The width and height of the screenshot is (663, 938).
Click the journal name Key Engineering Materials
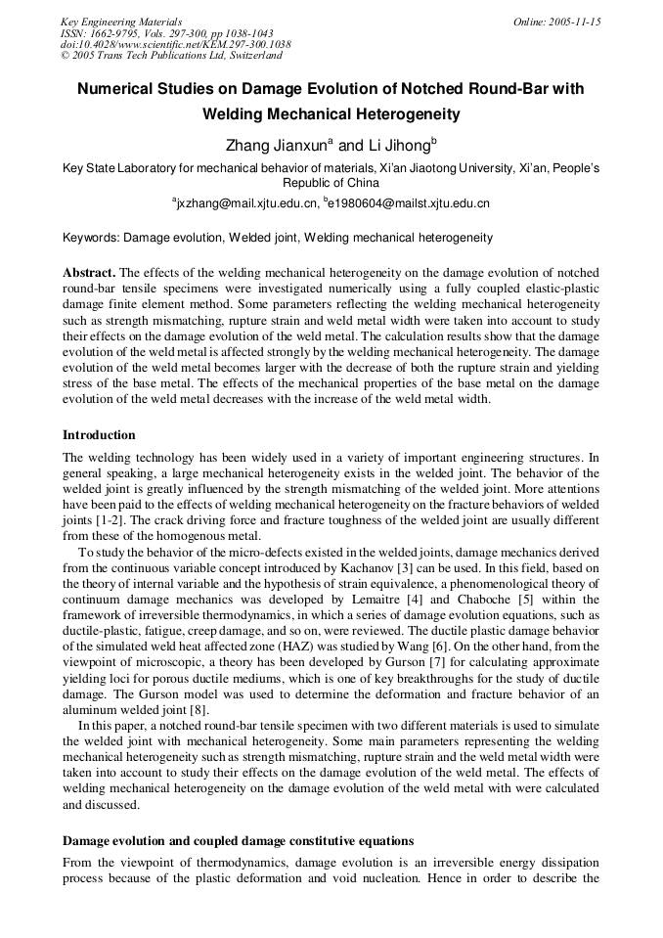pyautogui.click(x=121, y=22)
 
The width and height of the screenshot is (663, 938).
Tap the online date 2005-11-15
pyautogui.click(x=572, y=22)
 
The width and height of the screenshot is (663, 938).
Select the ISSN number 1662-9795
pyautogui.click(x=116, y=33)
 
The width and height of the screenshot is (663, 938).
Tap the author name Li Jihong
pyautogui.click(x=398, y=146)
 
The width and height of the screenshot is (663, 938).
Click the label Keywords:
pyautogui.click(x=90, y=238)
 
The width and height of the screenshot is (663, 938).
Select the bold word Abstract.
pyautogui.click(x=88, y=271)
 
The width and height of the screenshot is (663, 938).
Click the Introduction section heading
pyautogui.click(x=99, y=434)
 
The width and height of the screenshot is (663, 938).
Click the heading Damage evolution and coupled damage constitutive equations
pyautogui.click(x=238, y=840)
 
